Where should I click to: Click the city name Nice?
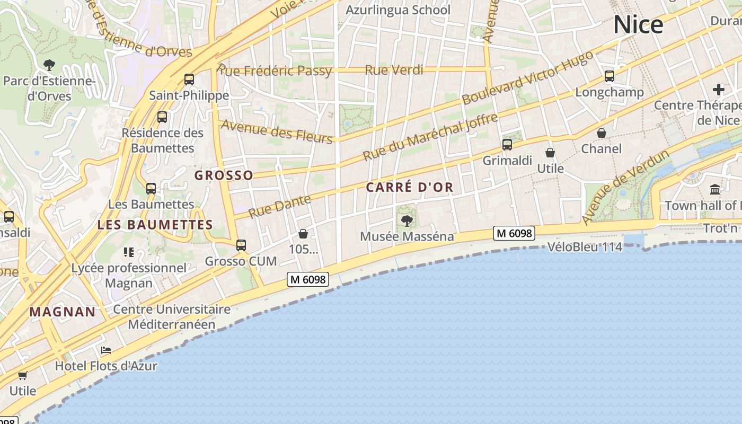pos(638,24)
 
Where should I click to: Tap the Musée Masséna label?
pos(407,236)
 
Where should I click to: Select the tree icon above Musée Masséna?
pos(407,220)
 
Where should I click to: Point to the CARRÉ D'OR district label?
pos(410,187)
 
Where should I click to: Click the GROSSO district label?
pos(224,175)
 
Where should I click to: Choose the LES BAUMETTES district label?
pos(155,225)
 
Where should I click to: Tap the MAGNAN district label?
pos(63,312)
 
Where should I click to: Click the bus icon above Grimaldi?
pos(507,144)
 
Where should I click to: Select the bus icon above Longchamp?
pos(609,76)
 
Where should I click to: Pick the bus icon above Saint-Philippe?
pos(189,79)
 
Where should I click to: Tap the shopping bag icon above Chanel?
pos(602,133)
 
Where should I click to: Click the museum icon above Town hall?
pos(715,189)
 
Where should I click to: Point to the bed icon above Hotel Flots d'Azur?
pos(106,350)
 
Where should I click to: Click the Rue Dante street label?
pos(279,206)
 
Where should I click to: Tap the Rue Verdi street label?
pos(394,69)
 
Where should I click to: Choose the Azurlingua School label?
pos(397,10)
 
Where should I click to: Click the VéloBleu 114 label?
pos(585,246)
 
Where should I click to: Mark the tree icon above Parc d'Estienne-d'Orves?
pos(49,65)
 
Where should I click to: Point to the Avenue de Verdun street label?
pos(625,187)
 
